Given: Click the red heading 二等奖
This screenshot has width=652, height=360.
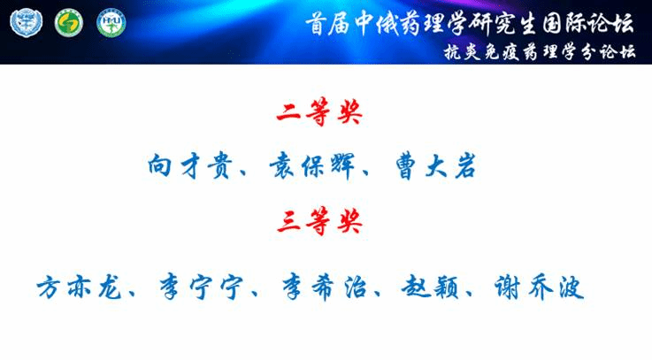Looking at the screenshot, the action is pos(319,111).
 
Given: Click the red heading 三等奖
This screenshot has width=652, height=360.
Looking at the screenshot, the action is pos(319,220).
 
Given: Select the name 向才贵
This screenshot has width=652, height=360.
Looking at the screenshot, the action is pos(189,166).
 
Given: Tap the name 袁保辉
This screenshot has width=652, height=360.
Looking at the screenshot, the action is pos(312,166).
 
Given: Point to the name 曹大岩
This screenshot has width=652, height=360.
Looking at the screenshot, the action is pos(435,166).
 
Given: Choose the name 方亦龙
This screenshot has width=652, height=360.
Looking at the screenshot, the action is pos(79,287).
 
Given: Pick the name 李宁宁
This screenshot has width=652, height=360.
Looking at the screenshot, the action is pos(202,287).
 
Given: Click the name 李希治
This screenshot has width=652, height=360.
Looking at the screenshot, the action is pos(325,287).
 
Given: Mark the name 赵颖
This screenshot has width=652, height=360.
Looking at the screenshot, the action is pos(430,287).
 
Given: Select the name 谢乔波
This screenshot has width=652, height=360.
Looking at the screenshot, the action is pos(539,287).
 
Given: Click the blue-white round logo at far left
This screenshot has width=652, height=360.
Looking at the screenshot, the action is pos(27,23).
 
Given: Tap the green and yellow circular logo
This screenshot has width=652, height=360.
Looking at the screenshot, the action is pos(69,23).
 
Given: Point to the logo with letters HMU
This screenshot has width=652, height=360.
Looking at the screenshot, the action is pos(111,23).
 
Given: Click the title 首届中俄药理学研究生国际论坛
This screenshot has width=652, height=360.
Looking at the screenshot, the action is pos(470,23).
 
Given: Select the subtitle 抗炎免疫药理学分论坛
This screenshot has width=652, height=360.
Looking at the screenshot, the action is pos(540,52).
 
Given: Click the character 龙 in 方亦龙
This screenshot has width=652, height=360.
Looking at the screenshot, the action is pos(110,287).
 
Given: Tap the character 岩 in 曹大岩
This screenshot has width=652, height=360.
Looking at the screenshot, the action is pos(464,166).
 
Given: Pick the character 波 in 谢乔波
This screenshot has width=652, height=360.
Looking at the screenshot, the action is pos(571,287).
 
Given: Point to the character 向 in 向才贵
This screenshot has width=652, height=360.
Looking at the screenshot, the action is pos(159,166).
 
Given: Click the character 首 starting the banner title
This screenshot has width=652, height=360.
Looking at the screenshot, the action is pos(317,24).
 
